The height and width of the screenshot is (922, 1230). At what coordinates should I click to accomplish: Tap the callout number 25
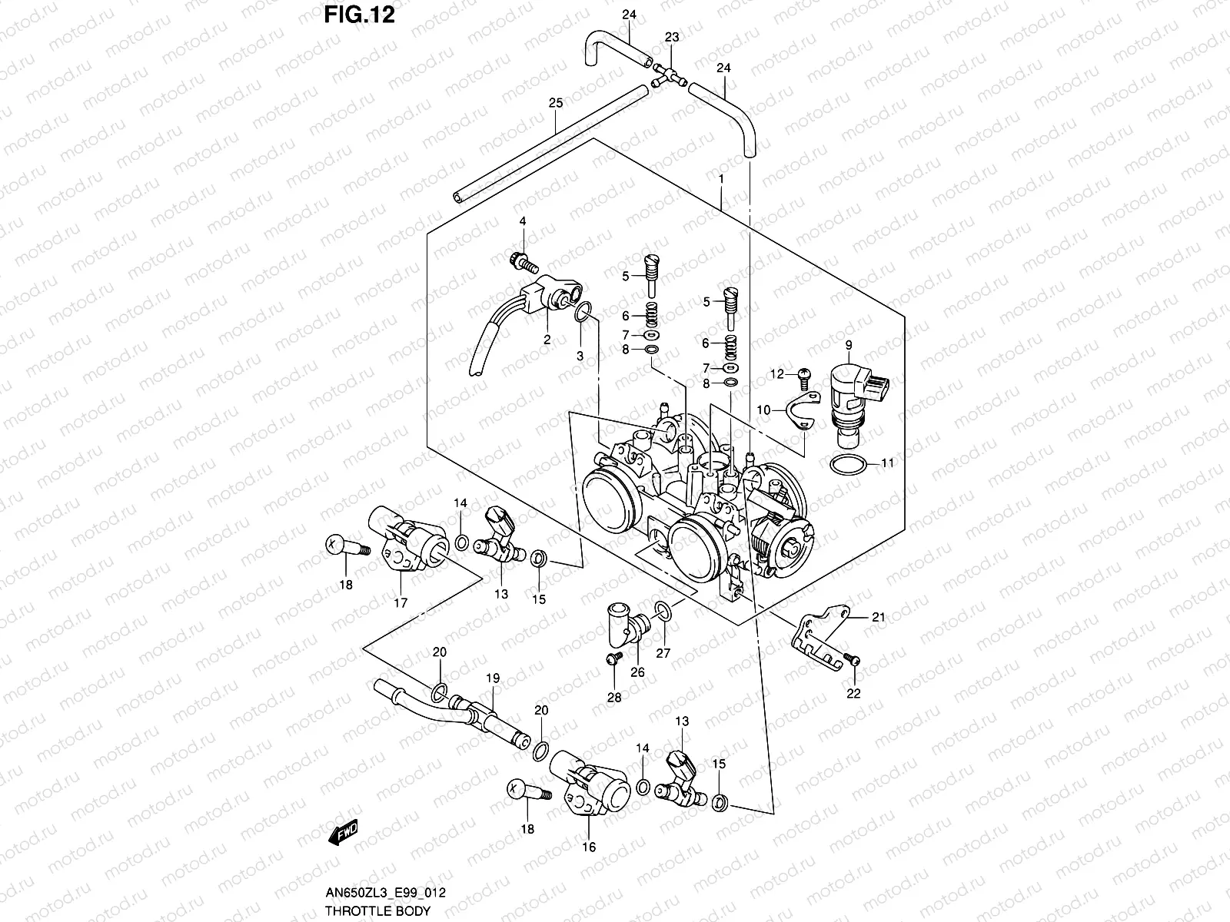coord(555,103)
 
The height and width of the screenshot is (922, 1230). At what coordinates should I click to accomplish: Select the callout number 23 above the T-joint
coord(672,38)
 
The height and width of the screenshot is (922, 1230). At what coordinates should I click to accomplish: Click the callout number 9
coord(849,345)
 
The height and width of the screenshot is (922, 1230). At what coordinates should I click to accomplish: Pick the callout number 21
coord(878,617)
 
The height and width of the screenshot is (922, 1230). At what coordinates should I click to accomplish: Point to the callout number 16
coord(589,849)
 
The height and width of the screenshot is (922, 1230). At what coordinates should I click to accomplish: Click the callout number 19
coord(493,679)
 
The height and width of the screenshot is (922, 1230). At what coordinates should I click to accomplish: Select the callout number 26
coord(637,673)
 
